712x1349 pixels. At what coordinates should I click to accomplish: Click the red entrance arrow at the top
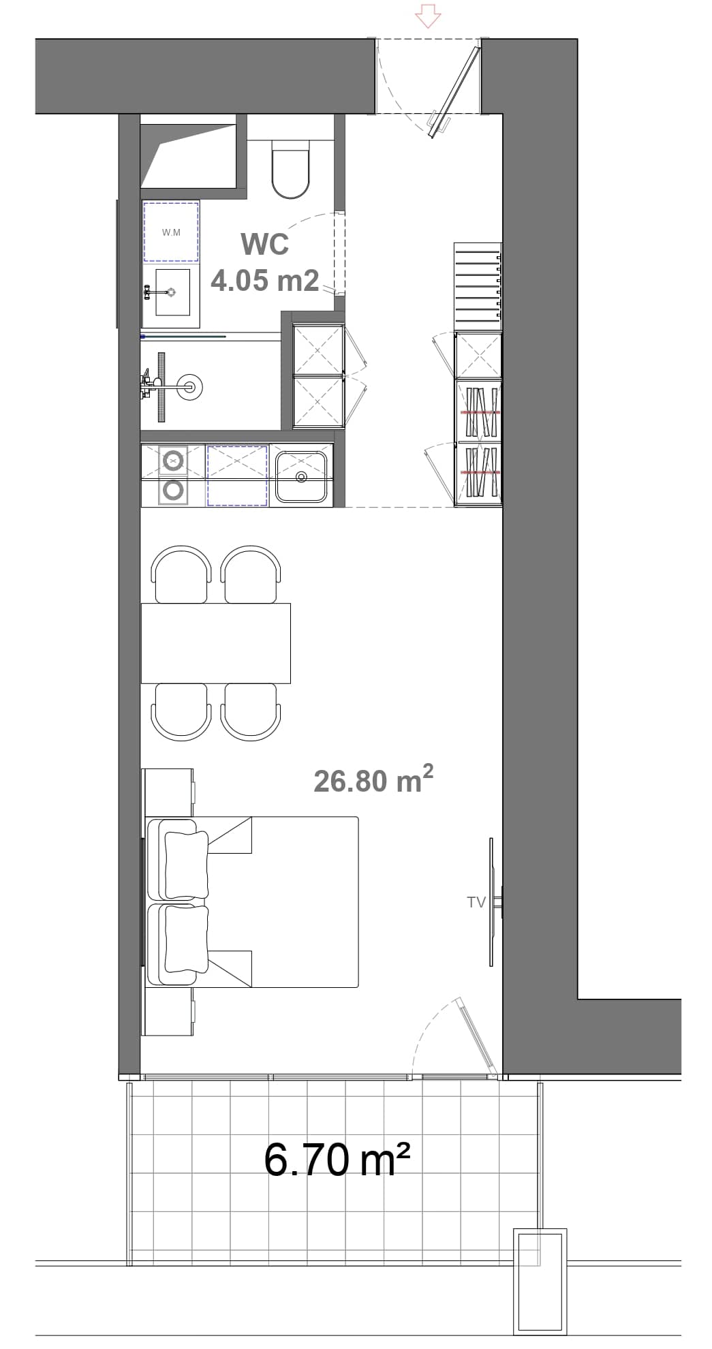click(x=428, y=15)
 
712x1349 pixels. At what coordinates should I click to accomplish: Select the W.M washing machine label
click(x=171, y=232)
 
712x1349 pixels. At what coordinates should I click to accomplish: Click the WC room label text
click(x=264, y=244)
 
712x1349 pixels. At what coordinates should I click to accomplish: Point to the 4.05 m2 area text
click(x=264, y=280)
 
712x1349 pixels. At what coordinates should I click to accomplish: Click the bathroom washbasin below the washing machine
click(x=172, y=292)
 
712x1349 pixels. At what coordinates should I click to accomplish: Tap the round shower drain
click(x=190, y=387)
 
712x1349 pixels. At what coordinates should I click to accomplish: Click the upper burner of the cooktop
click(x=174, y=461)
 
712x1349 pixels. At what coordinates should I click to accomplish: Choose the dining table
click(x=215, y=643)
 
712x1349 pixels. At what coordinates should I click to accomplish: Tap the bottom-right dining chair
click(x=251, y=712)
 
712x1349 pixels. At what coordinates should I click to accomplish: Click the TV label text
click(x=476, y=902)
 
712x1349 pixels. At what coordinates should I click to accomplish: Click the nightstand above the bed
click(x=168, y=792)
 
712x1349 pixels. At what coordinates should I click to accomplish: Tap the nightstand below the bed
click(x=168, y=1012)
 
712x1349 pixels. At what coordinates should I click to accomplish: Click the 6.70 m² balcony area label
click(x=337, y=1160)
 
